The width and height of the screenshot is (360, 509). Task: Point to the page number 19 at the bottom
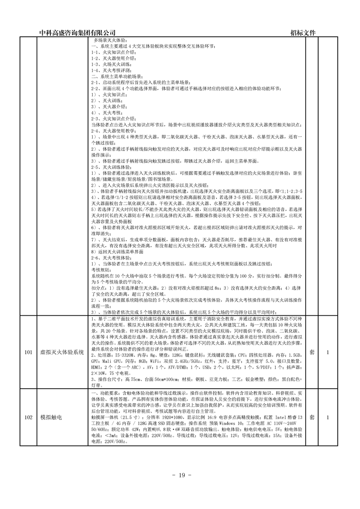[x=180, y=475]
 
